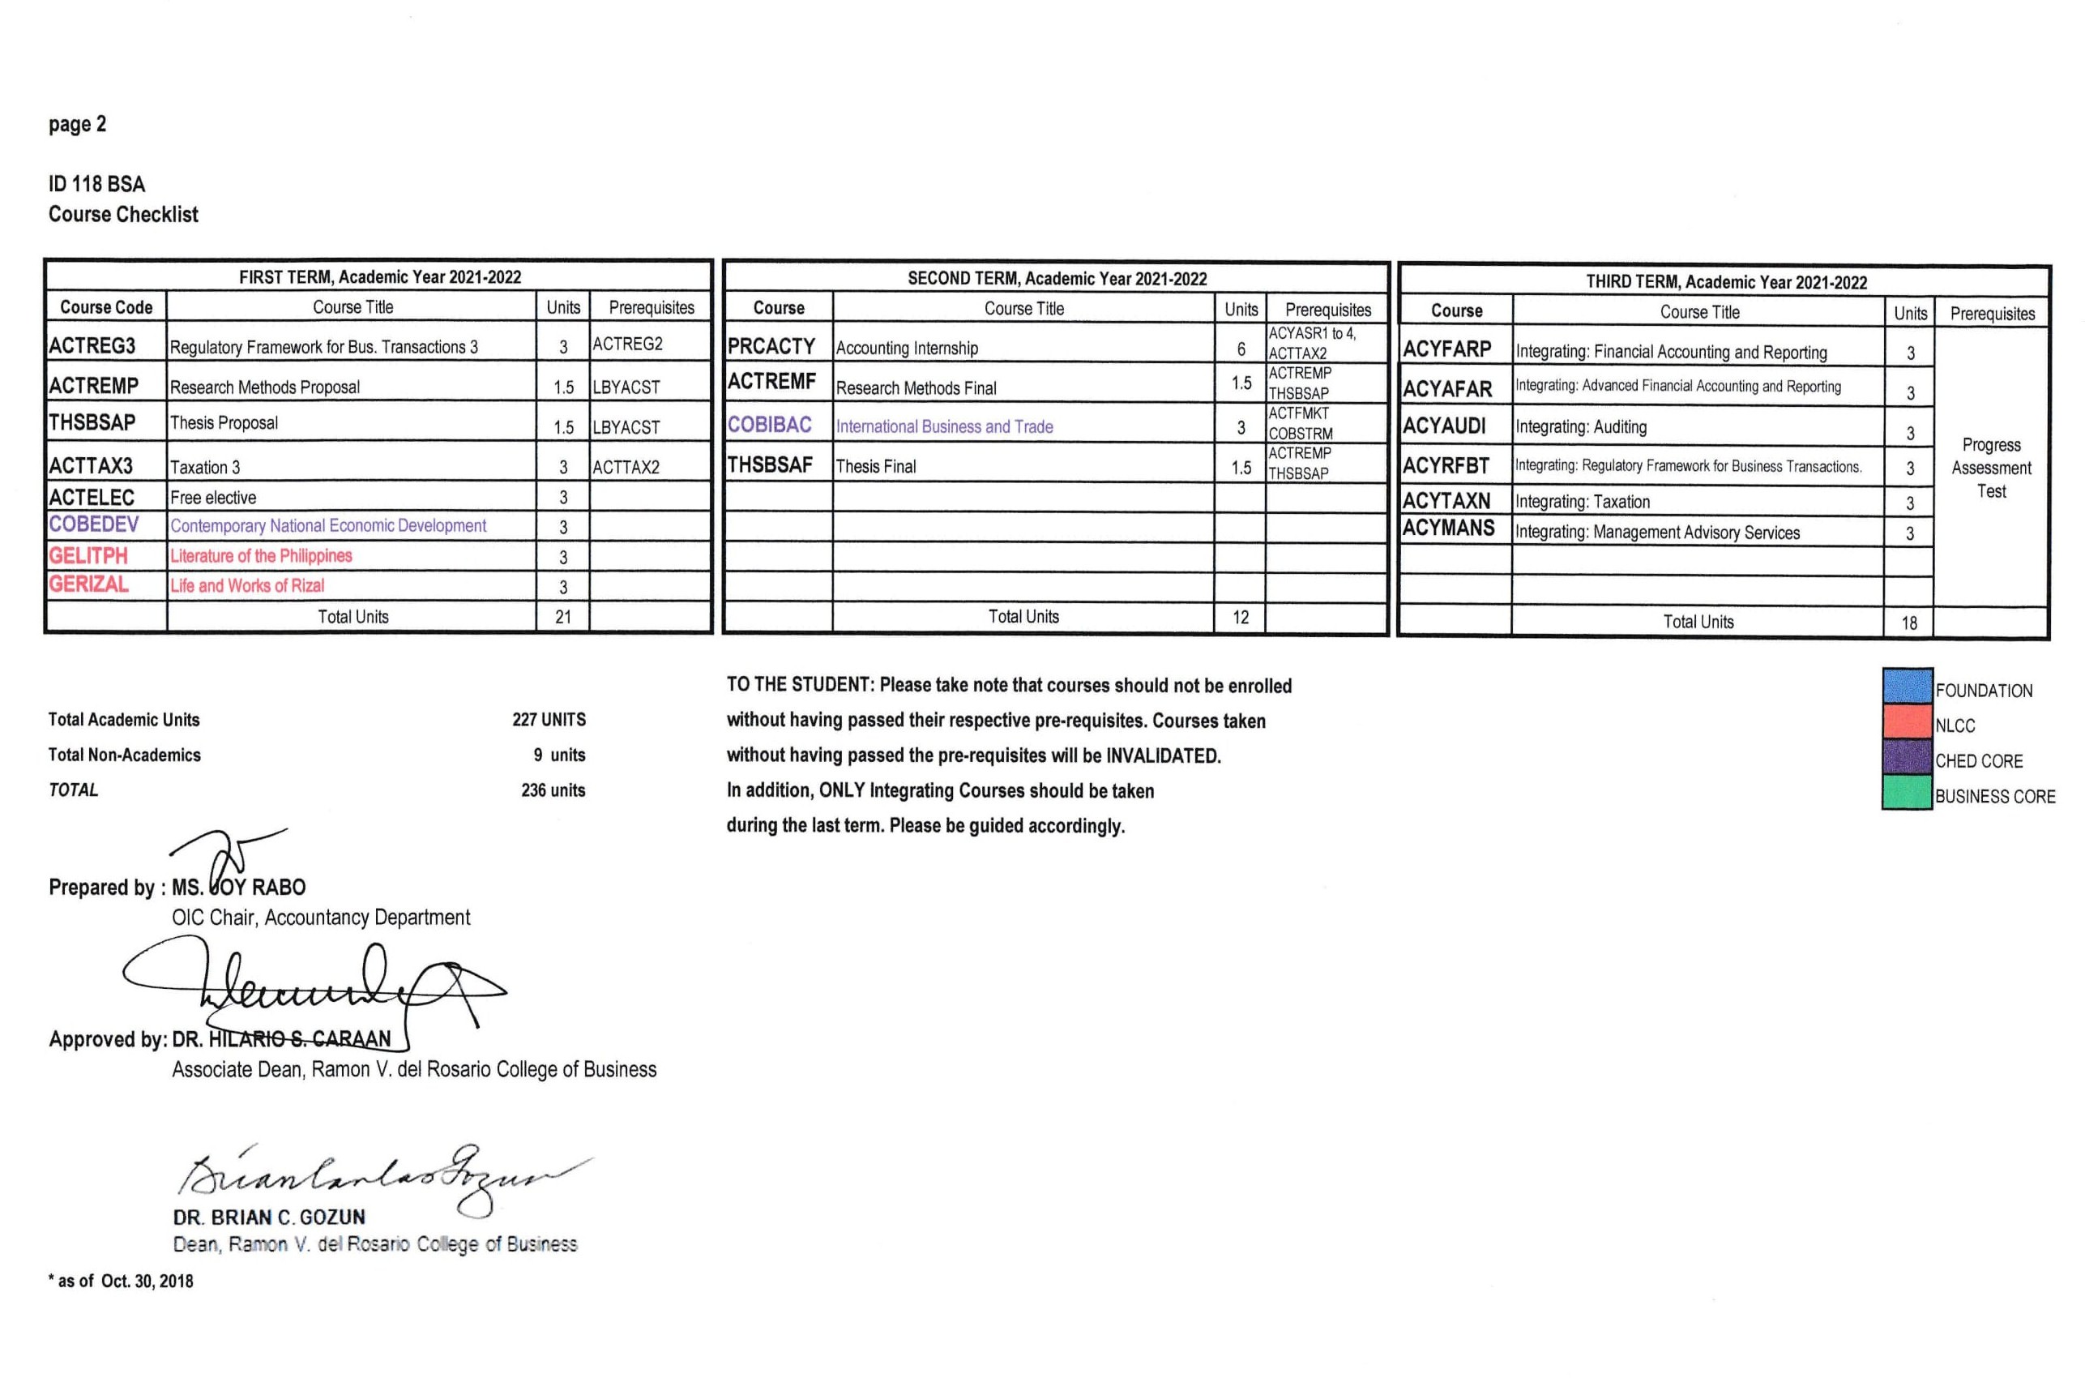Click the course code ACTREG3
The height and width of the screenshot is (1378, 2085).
coord(92,345)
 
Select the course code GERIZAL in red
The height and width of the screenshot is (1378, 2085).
coord(89,584)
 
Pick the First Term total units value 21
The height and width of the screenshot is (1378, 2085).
coord(563,617)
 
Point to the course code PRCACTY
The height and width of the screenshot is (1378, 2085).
coord(771,346)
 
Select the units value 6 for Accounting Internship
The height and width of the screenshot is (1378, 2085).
coord(1241,349)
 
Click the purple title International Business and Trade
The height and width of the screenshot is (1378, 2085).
coord(944,427)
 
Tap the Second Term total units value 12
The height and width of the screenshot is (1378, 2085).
coord(1240,617)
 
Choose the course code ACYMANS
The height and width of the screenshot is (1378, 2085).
coord(1448,529)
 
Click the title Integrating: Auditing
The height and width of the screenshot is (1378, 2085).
coord(1581,427)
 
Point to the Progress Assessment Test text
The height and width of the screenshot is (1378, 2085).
coord(1991,468)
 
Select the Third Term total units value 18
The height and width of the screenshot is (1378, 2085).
coord(1909,623)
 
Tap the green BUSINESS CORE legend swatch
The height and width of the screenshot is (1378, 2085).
coord(1907,793)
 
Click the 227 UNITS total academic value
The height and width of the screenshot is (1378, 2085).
coord(549,720)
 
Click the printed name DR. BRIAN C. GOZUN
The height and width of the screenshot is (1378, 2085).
coord(269,1218)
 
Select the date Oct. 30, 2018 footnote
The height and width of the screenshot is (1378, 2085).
coord(147,1282)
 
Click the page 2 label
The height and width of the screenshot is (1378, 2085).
coord(77,124)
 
